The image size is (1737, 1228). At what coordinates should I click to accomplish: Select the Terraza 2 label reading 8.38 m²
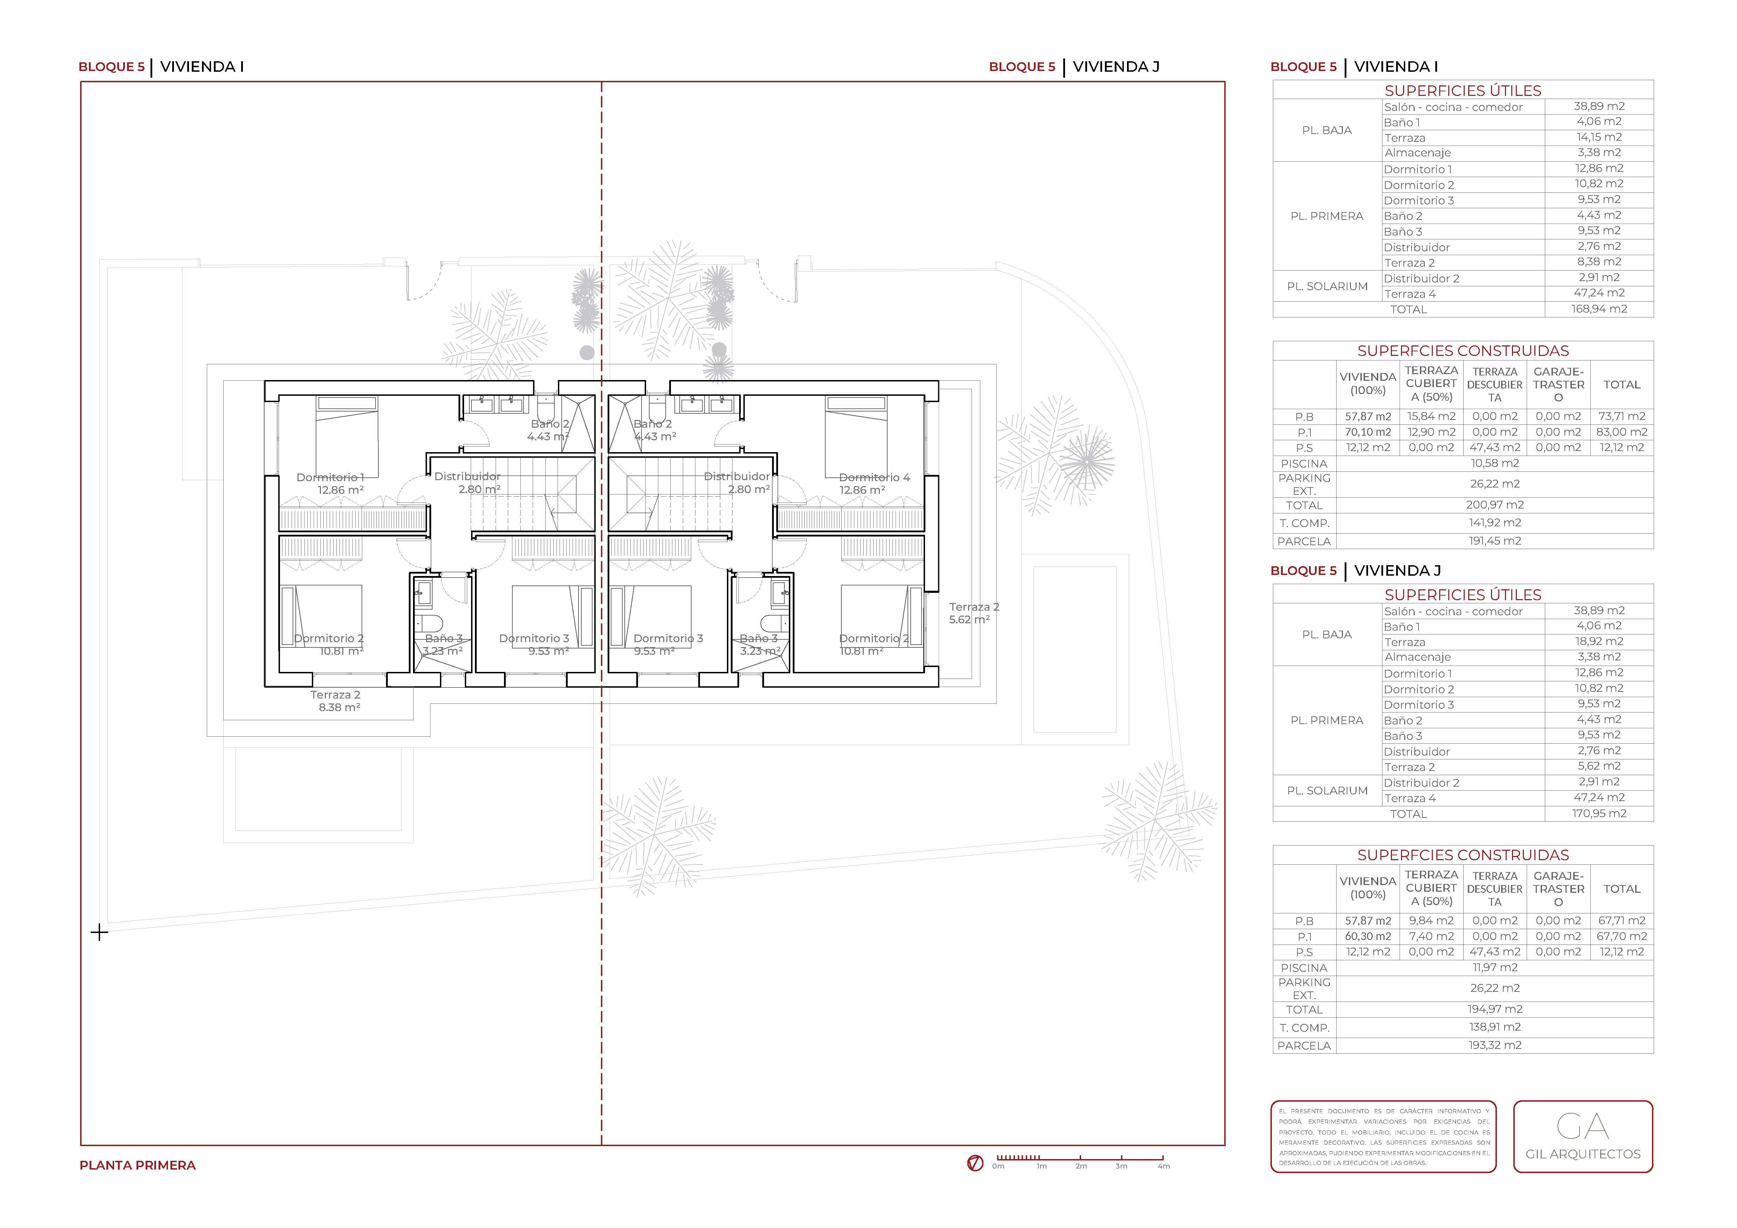point(335,701)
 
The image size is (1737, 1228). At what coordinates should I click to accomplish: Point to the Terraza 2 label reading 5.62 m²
point(974,613)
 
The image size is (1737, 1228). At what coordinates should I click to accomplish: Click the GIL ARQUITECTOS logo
point(1583,1136)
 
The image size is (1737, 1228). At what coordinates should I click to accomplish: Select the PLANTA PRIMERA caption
point(138,1165)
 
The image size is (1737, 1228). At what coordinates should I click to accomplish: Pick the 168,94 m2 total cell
point(1598,309)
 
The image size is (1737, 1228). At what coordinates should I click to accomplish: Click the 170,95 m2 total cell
point(1598,813)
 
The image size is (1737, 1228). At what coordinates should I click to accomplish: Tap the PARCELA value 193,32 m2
point(1494,1045)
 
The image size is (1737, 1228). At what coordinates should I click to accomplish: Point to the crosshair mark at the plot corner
point(99,932)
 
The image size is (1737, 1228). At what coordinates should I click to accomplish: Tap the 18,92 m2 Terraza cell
point(1598,641)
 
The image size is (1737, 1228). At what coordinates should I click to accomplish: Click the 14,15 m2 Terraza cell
point(1598,137)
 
